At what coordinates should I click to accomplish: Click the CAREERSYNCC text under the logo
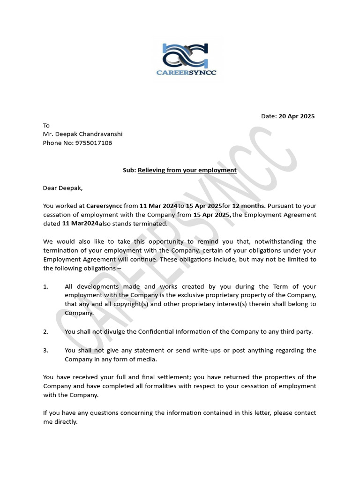click(186, 73)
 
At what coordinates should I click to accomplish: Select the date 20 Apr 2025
click(297, 116)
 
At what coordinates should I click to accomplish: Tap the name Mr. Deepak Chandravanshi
click(82, 134)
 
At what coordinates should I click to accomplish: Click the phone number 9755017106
click(94, 143)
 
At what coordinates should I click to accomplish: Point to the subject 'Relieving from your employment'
click(187, 170)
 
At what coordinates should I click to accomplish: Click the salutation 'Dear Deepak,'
click(62, 188)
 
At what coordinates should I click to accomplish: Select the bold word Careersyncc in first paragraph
click(104, 206)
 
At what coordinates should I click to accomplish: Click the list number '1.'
click(45, 286)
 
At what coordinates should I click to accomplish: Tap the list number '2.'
click(45, 331)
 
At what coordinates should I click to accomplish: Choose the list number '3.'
click(45, 350)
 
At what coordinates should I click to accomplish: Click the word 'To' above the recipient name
click(46, 125)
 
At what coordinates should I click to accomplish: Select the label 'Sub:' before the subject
click(129, 170)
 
